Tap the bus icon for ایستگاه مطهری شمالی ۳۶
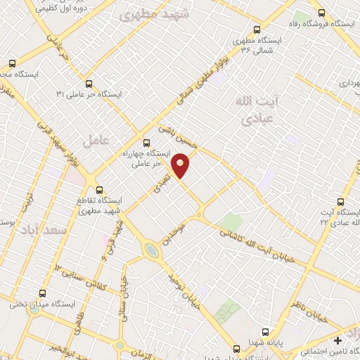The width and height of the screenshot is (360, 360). point(255,30)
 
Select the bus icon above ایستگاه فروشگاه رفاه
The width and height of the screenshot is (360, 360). point(322,13)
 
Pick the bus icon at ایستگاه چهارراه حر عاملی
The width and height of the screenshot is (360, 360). point(146,142)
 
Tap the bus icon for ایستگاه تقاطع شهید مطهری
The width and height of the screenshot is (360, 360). point(99,189)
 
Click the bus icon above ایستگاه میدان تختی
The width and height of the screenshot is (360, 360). point(42,294)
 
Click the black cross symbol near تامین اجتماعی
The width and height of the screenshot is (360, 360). point(339,341)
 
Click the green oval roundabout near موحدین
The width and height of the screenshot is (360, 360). point(151,250)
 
